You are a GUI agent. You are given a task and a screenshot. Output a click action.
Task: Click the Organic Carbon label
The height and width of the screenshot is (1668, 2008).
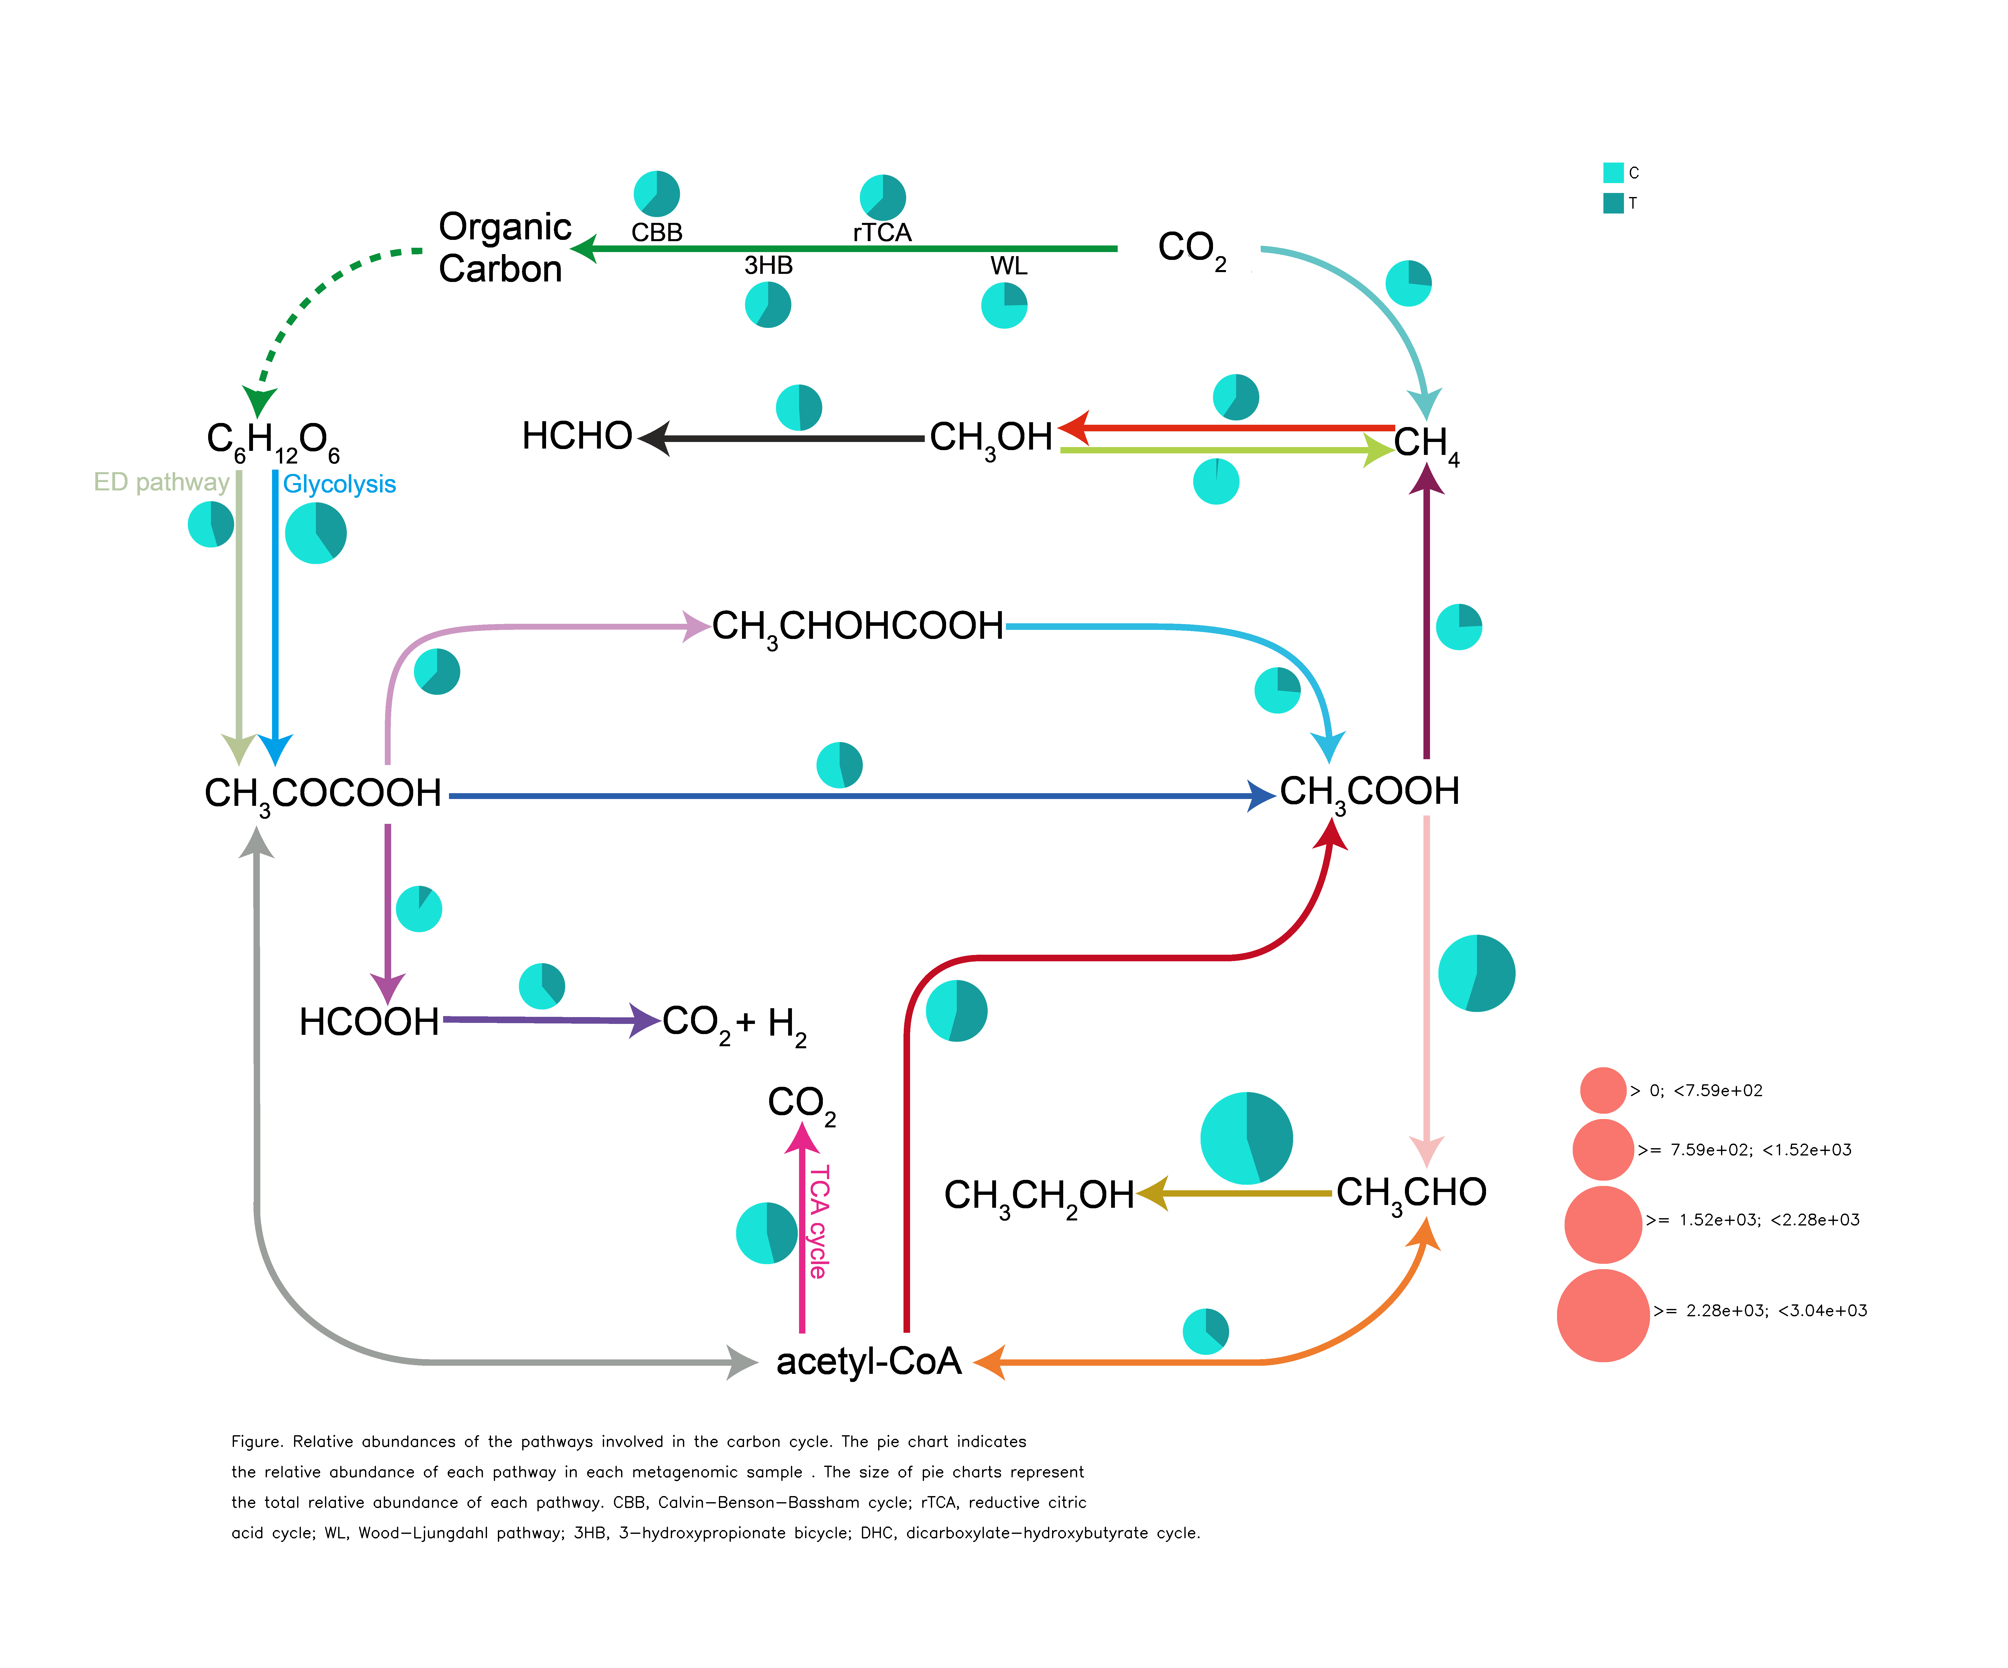pyautogui.click(x=504, y=248)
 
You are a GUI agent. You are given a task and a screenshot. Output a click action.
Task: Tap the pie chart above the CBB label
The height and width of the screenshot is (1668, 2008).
pyautogui.click(x=657, y=194)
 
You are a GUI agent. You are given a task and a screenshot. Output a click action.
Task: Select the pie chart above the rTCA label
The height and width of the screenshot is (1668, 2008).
pyautogui.click(x=882, y=197)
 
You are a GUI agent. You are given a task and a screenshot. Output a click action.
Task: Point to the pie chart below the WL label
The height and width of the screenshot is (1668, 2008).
pyautogui.click(x=1004, y=306)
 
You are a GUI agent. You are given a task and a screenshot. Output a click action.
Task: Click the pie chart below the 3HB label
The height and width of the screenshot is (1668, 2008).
pyautogui.click(x=768, y=305)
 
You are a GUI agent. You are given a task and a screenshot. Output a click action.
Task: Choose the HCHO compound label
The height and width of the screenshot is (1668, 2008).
pyautogui.click(x=576, y=436)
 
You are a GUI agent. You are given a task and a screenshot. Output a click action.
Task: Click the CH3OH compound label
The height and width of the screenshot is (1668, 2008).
pyautogui.click(x=991, y=438)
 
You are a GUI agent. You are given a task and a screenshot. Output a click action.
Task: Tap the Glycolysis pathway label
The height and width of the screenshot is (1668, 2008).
pyautogui.click(x=339, y=484)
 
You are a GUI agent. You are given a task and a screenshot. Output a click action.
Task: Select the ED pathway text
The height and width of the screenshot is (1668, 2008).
pyautogui.click(x=161, y=482)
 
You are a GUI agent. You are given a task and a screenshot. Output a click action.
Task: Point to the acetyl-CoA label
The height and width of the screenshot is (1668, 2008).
pyautogui.click(x=868, y=1361)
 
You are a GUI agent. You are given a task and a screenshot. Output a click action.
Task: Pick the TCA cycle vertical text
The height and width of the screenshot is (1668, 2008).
pyautogui.click(x=819, y=1221)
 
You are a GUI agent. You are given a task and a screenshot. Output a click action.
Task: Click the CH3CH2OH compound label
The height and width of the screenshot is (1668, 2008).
pyautogui.click(x=1038, y=1196)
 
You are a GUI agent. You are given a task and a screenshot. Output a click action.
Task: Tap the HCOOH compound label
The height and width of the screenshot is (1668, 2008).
pyautogui.click(x=369, y=1021)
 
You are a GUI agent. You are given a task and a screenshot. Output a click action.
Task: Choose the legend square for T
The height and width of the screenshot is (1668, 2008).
pyautogui.click(x=1613, y=203)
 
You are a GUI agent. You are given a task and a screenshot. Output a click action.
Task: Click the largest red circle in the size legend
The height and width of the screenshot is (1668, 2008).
pyautogui.click(x=1603, y=1315)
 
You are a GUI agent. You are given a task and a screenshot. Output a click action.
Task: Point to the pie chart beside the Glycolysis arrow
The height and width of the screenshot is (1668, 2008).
pyautogui.click(x=316, y=533)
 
